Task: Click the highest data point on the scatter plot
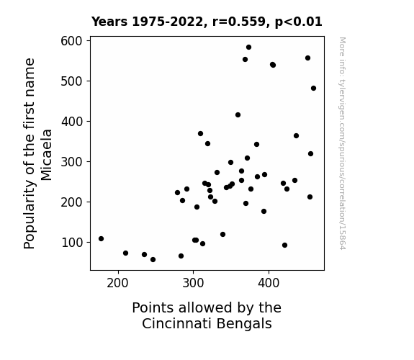248,48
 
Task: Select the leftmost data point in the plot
101,239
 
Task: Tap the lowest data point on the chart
153,260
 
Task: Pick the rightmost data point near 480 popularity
313,89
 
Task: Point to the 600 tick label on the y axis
71,41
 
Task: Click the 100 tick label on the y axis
72,243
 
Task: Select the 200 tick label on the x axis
117,283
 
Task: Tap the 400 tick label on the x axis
269,283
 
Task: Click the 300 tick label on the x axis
193,283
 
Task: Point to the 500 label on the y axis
71,81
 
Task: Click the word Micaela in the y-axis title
47,155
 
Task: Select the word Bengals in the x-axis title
244,323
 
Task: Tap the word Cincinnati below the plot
177,323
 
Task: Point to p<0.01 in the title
299,22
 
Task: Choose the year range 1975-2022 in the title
168,22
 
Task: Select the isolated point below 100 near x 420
284,246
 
